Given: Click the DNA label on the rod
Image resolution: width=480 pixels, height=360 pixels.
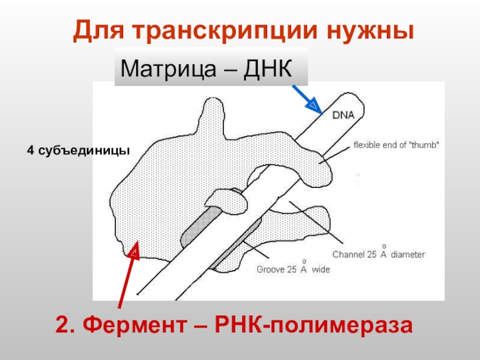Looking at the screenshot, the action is tap(344, 114).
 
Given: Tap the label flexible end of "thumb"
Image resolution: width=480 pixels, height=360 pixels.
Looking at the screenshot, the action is tap(396, 145).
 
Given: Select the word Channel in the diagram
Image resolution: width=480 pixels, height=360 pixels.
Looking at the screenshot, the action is tap(347, 254).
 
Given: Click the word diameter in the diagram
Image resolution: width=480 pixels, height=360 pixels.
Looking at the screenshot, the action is tap(408, 254).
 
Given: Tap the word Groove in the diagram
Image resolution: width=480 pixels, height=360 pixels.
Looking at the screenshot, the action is tap(269, 270).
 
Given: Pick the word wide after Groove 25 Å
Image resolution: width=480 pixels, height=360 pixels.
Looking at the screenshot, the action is tap(321, 270).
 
